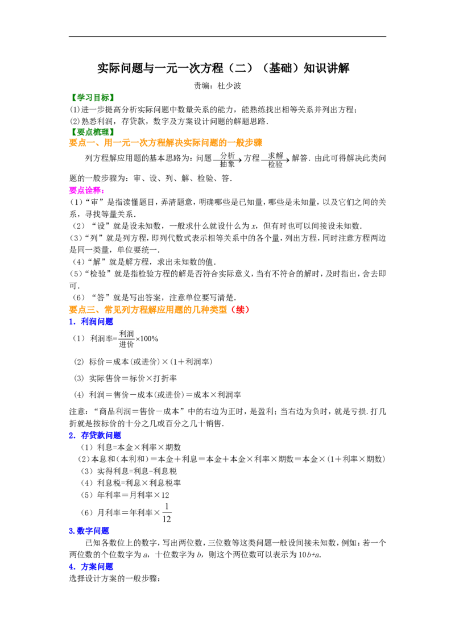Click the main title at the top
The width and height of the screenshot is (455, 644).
(x=223, y=68)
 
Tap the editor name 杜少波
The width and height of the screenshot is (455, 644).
(x=229, y=86)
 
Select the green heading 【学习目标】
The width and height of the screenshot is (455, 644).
(x=92, y=98)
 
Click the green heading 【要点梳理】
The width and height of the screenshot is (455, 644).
(x=92, y=132)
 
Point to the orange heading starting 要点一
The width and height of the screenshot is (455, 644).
(x=166, y=143)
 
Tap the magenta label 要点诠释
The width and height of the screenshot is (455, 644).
(x=86, y=190)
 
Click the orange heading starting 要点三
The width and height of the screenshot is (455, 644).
(x=159, y=309)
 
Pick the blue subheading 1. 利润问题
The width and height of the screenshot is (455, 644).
(x=91, y=321)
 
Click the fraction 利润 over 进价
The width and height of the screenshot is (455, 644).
(x=126, y=339)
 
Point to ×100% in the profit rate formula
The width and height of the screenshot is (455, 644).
(x=147, y=339)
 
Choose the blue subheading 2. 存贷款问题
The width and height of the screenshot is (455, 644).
(x=95, y=435)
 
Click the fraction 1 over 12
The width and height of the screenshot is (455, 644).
(x=167, y=513)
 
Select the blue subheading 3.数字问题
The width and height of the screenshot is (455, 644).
(x=89, y=531)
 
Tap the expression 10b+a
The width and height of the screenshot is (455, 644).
(x=309, y=555)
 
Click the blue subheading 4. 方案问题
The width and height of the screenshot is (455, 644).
(x=91, y=567)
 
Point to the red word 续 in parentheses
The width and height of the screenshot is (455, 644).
(x=241, y=309)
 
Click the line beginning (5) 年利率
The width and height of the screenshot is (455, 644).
(x=125, y=495)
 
